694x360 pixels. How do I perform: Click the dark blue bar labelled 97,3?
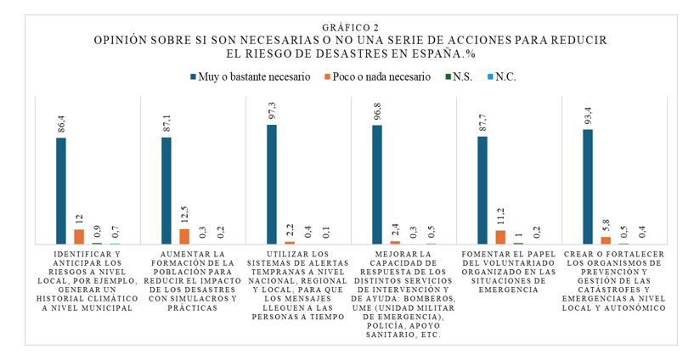point(272,184)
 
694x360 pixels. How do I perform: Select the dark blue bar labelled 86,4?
point(61,191)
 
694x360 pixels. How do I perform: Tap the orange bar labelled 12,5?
point(184,237)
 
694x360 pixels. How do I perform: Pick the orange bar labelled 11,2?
point(500,238)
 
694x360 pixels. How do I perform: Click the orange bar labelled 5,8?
point(606,240)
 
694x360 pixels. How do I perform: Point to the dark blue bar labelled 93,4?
point(588,187)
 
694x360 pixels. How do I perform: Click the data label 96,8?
point(377,111)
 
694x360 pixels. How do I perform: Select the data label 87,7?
point(482,122)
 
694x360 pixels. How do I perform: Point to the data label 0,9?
point(97,231)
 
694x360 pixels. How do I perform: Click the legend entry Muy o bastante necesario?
point(251,77)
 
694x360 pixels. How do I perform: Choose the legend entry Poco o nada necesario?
point(377,77)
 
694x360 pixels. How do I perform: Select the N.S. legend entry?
point(459,77)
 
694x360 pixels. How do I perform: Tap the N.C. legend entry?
point(501,77)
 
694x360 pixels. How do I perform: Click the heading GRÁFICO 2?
point(351,28)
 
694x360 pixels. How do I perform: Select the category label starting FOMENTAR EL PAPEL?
point(508,272)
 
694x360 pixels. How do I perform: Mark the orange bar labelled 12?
point(79,237)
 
